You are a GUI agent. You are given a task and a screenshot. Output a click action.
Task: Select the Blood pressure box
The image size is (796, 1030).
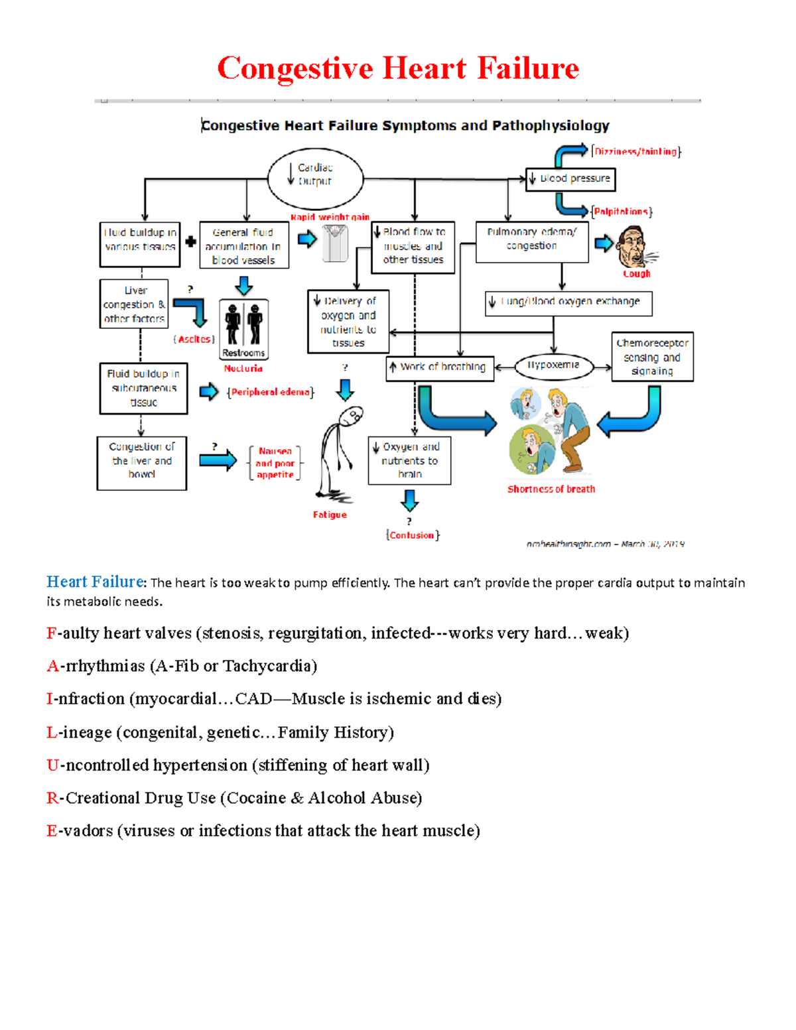570,179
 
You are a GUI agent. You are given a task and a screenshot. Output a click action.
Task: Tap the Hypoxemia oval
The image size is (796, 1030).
553,365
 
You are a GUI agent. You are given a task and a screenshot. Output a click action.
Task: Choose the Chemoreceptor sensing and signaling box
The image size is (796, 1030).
652,357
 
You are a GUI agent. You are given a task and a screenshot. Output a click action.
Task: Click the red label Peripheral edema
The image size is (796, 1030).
271,392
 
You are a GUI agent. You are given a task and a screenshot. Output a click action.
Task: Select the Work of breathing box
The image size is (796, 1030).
440,367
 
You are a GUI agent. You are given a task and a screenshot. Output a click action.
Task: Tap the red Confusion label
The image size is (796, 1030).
412,535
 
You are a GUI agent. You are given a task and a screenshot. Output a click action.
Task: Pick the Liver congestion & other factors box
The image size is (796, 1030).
134,304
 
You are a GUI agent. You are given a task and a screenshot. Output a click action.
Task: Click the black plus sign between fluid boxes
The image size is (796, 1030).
190,241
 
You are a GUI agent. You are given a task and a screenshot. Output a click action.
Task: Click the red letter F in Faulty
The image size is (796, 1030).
51,633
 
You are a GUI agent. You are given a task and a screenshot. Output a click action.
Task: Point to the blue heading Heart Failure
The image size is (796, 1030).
95,582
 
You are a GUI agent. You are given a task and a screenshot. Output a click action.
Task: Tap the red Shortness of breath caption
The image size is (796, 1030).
551,489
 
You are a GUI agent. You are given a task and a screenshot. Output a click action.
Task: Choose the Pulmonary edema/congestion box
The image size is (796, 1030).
532,241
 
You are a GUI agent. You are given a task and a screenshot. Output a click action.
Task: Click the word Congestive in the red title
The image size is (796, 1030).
295,69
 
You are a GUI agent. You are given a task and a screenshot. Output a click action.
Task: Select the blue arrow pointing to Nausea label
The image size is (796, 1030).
218,460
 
